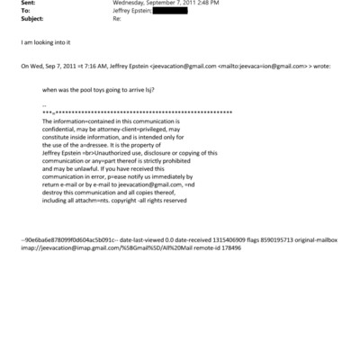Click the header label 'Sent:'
tap(28, 4)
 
